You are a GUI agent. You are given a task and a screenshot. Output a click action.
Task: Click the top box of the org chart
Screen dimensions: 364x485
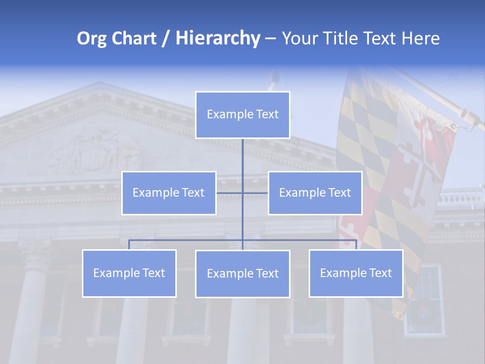[x=243, y=115]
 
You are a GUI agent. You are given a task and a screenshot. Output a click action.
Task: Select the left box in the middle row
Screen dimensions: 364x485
[x=169, y=193]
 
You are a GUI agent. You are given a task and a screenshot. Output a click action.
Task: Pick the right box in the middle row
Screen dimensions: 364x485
[x=315, y=193]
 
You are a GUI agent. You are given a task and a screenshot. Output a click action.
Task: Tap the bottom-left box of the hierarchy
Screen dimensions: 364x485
[x=129, y=273]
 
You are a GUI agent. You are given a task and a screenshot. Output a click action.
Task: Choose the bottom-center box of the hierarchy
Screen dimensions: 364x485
[x=243, y=274]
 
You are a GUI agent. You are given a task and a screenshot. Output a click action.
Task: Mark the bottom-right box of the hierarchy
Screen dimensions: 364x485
[x=356, y=273]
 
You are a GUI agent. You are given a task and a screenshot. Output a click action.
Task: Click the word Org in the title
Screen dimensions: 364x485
[x=91, y=38]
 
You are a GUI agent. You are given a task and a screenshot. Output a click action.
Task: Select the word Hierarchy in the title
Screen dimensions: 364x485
[x=217, y=38]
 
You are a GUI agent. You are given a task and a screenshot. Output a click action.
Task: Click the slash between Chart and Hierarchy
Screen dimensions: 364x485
[x=166, y=38]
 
